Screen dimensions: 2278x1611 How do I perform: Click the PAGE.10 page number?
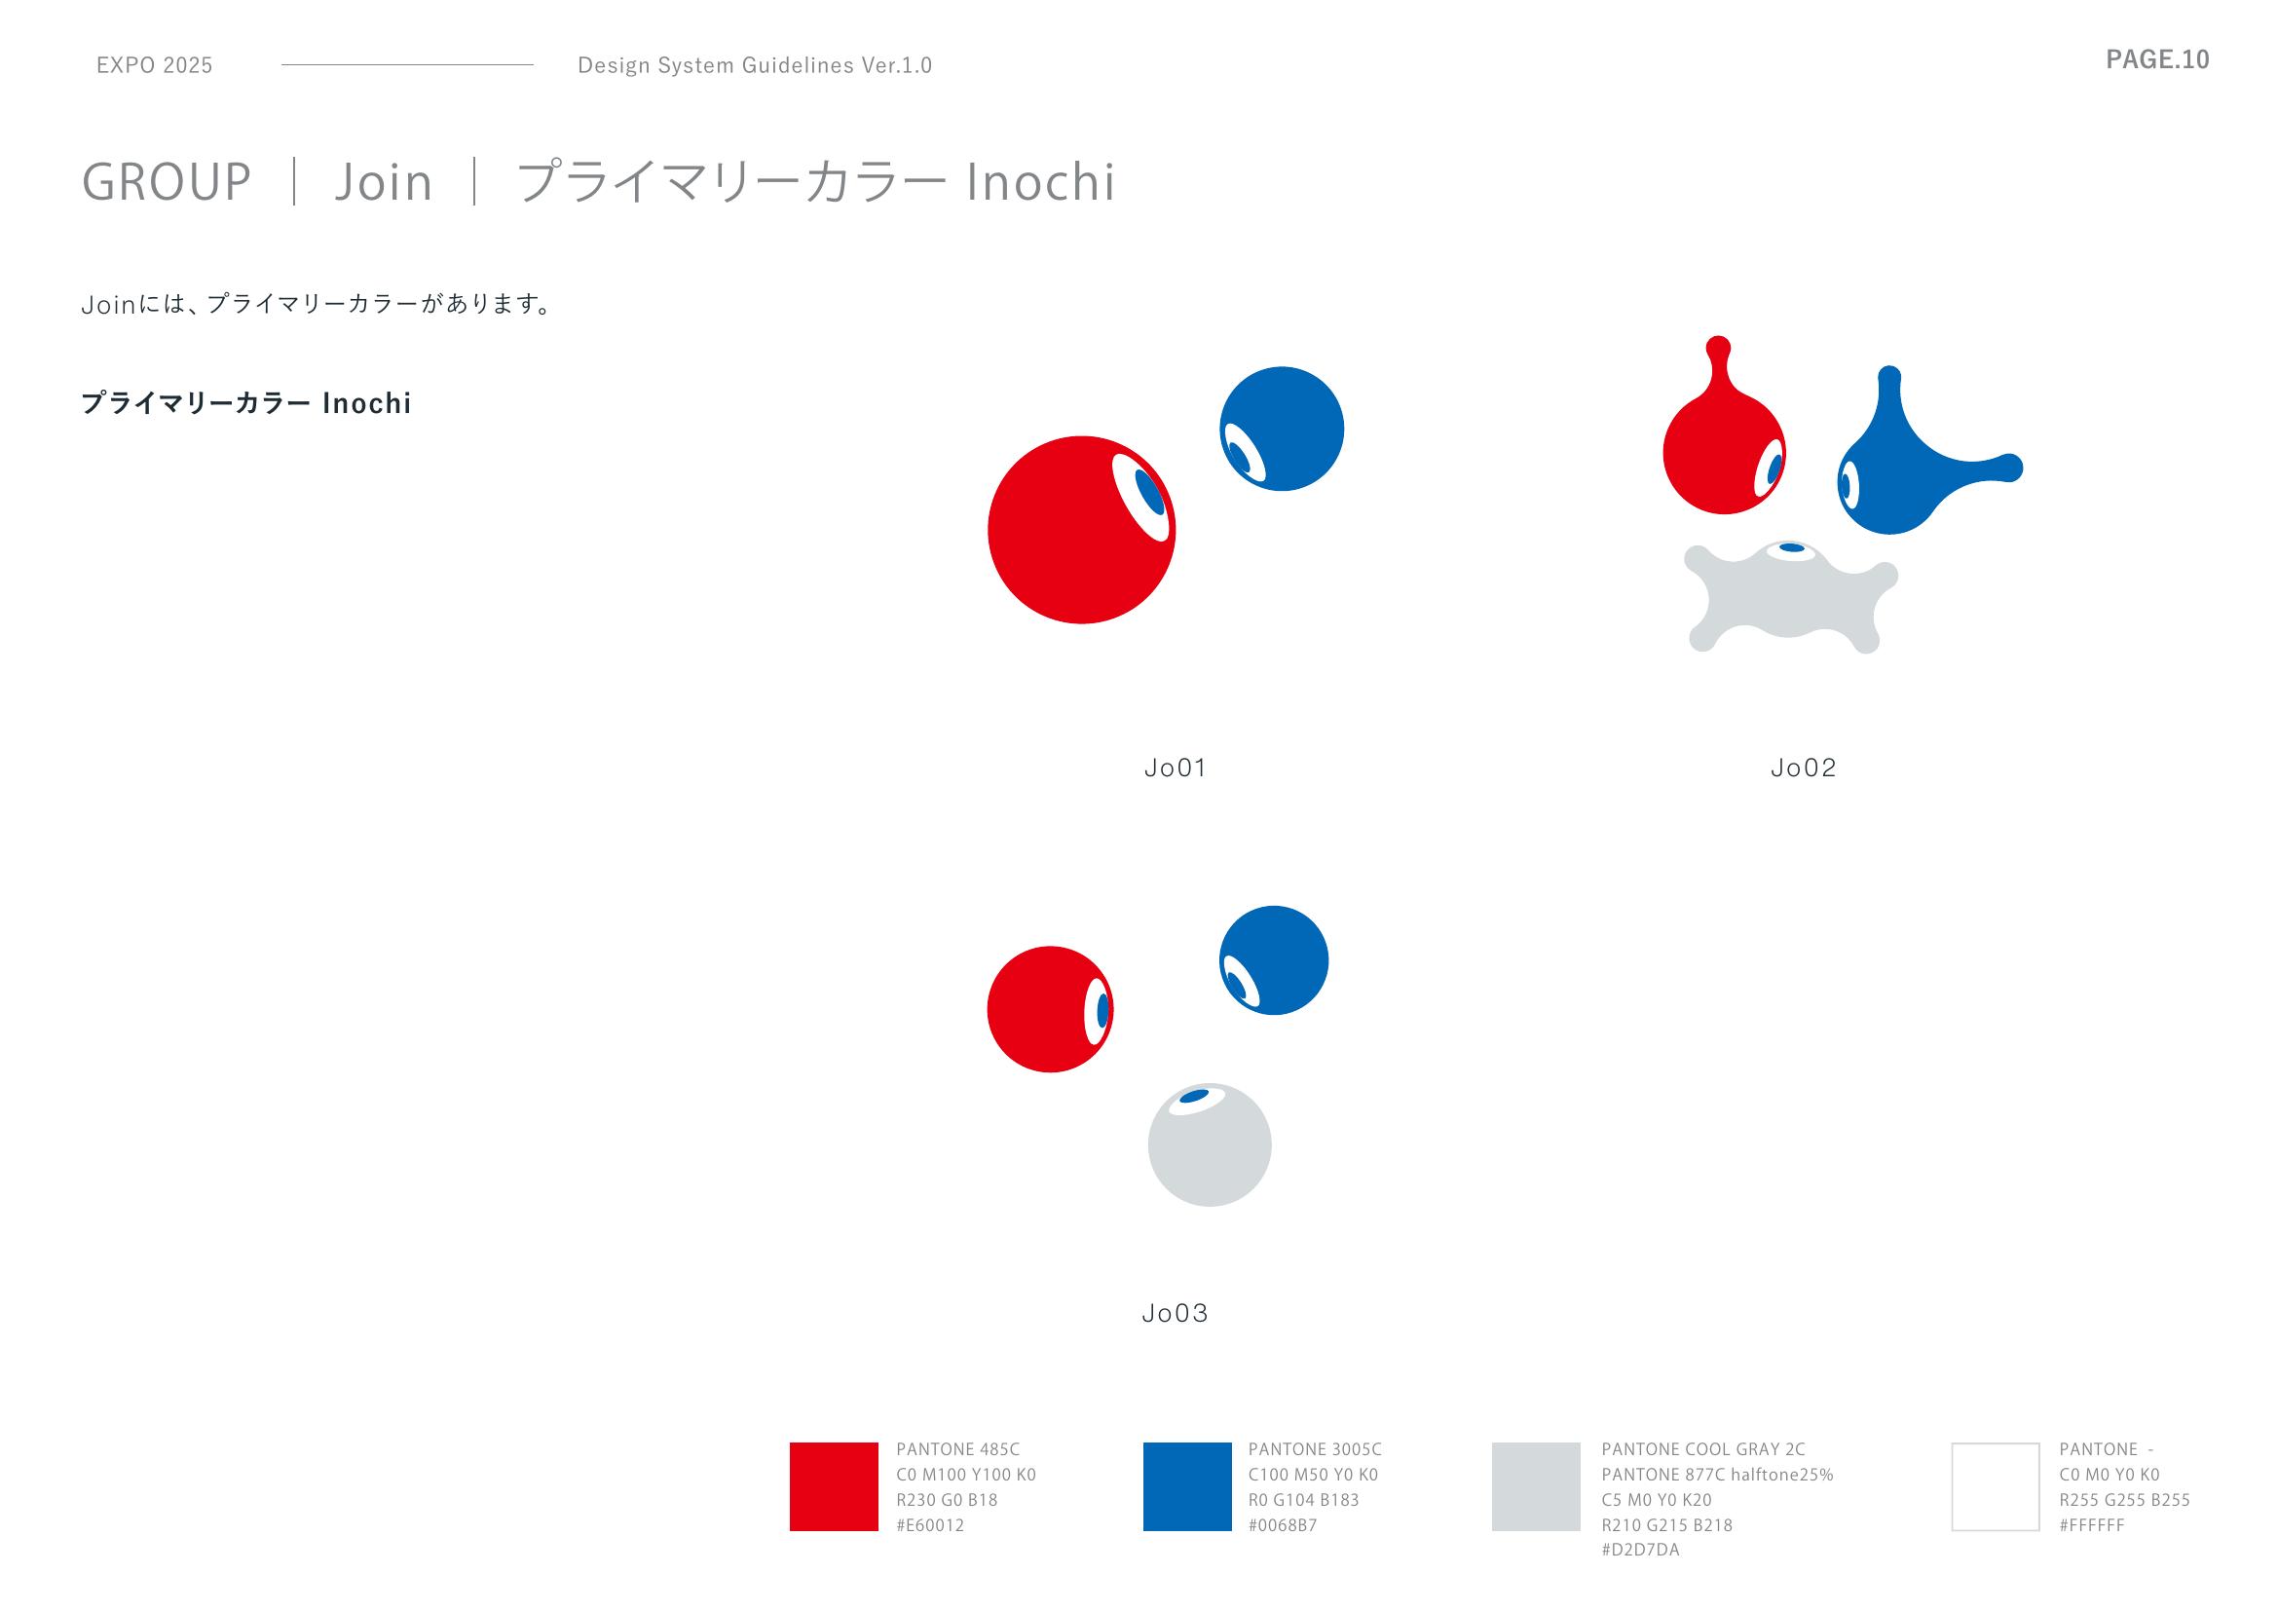(x=2157, y=59)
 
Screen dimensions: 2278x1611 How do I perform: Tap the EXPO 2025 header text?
(x=155, y=65)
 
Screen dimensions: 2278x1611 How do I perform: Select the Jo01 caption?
(x=1175, y=768)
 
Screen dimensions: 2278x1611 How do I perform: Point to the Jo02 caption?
(x=1803, y=768)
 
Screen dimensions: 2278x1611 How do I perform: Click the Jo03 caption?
(x=1175, y=1313)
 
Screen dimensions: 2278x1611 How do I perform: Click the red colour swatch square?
(x=834, y=1486)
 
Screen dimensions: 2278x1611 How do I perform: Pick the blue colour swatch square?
(x=1186, y=1486)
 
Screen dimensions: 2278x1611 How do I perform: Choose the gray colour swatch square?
(x=1536, y=1486)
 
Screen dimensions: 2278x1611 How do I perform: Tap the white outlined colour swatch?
(x=1996, y=1486)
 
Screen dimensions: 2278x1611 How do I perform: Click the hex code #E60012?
(x=930, y=1525)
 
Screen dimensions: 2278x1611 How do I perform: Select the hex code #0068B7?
(x=1282, y=1525)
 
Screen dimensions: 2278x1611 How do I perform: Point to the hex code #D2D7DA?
(x=1640, y=1551)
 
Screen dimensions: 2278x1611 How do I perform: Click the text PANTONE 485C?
(x=957, y=1449)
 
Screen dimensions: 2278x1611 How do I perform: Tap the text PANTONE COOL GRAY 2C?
(x=1703, y=1449)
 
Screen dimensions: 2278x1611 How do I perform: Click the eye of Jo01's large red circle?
(x=1142, y=497)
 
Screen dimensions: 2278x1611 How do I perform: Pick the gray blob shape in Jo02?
(x=1791, y=600)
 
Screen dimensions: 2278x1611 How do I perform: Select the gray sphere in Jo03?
(x=1210, y=1144)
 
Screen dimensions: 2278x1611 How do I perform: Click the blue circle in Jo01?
(x=1282, y=429)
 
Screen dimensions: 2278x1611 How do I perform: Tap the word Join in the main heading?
(x=383, y=182)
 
